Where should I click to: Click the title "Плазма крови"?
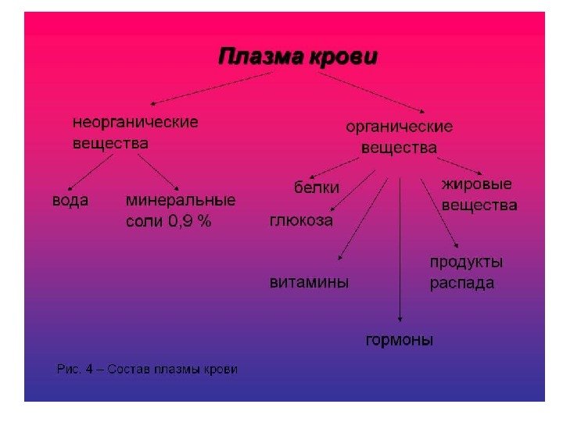click(x=297, y=57)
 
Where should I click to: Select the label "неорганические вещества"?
click(x=135, y=133)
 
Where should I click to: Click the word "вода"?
click(x=70, y=201)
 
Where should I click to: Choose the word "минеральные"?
click(x=181, y=200)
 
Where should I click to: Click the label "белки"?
click(x=317, y=188)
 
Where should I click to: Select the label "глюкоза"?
click(x=301, y=220)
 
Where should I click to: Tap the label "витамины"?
click(x=309, y=282)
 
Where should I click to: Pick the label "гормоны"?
click(x=400, y=340)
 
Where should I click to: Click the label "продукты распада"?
click(x=466, y=272)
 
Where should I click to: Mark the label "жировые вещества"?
click(x=479, y=195)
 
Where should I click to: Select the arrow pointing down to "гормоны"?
click(x=400, y=250)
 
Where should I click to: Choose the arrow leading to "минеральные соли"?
click(x=160, y=171)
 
